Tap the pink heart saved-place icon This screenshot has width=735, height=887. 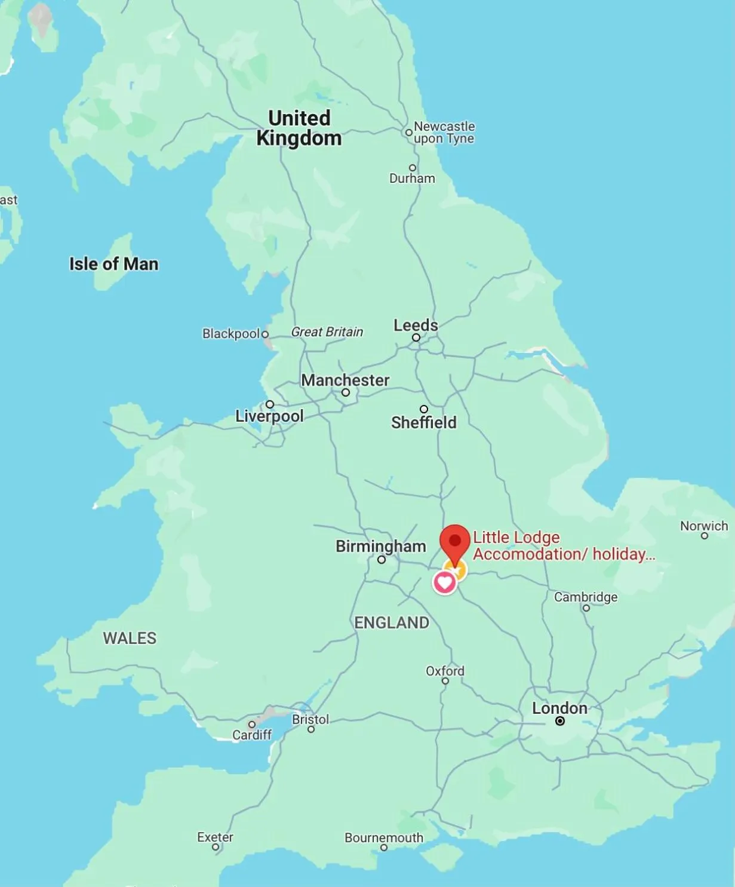click(444, 582)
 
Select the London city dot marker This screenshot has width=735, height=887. click(560, 721)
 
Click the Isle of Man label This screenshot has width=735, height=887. click(113, 264)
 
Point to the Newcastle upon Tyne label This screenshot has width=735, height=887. click(444, 133)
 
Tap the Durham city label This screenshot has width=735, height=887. click(412, 178)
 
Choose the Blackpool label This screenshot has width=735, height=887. click(230, 333)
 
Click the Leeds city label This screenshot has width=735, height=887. click(416, 325)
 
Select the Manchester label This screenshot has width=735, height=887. click(345, 380)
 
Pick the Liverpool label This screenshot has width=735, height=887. click(269, 416)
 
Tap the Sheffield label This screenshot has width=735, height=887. click(423, 422)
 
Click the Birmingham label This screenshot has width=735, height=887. click(380, 546)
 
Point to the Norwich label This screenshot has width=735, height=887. click(704, 526)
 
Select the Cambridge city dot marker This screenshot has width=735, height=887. click(586, 608)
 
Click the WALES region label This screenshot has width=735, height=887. click(130, 638)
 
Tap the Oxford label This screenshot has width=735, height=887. click(445, 671)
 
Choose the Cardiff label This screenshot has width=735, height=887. click(251, 735)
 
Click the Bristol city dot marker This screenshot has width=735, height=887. click(310, 729)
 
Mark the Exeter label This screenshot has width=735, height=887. click(215, 837)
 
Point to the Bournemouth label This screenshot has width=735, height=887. click(383, 837)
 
